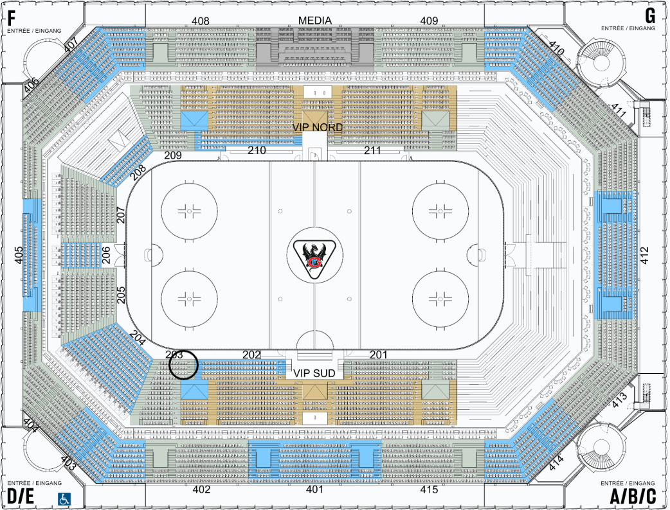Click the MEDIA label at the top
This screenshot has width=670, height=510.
click(314, 21)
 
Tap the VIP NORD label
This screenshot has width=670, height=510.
click(318, 127)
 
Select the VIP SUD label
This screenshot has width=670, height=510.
click(314, 373)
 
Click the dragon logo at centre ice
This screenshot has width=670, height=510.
click(314, 259)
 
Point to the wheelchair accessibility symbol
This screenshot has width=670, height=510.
click(64, 498)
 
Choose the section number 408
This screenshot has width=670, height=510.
click(201, 21)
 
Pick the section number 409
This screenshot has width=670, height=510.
click(429, 21)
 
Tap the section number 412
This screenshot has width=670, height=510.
click(644, 255)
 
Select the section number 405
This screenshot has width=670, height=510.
click(19, 255)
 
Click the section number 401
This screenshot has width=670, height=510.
click(314, 489)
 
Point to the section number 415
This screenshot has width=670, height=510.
click(429, 489)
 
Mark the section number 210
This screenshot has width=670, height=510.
click(257, 150)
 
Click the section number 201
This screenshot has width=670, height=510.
click(378, 354)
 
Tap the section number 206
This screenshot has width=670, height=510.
click(106, 255)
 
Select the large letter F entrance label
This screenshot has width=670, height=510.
click(12, 18)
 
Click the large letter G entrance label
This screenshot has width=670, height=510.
click(650, 16)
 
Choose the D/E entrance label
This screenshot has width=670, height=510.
click(21, 497)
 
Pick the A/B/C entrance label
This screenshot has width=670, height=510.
click(633, 497)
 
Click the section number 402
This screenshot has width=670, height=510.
click(201, 489)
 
